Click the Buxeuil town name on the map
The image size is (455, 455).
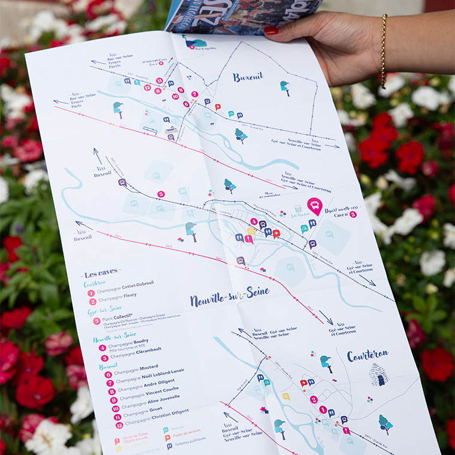tap(248, 77)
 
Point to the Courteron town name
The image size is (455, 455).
tap(368, 355)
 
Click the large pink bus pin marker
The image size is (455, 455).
tap(315, 206)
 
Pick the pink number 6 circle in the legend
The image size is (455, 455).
tap(108, 375)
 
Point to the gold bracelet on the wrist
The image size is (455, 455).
tap(384, 51)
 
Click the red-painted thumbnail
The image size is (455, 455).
tap(271, 30)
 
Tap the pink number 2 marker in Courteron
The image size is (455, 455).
tap(314, 399)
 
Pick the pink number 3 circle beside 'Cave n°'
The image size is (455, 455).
tap(353, 214)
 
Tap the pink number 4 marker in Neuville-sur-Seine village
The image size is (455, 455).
tap(253, 222)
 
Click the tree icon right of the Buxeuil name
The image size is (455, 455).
tap(285, 87)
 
